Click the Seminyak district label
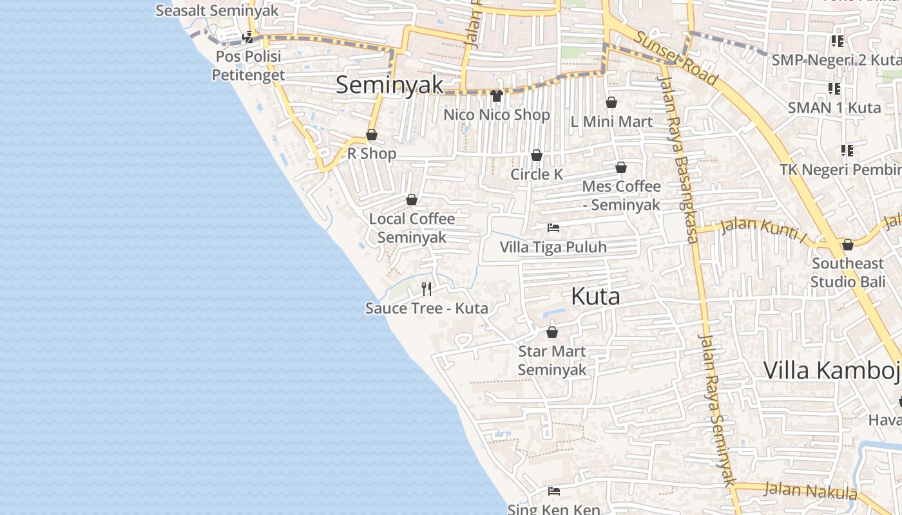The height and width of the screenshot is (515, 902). (390, 85)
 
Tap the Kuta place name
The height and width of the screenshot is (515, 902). (595, 296)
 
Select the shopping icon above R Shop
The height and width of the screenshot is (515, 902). (372, 135)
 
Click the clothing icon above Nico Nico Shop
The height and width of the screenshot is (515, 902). (496, 96)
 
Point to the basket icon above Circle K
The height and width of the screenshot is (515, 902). (536, 156)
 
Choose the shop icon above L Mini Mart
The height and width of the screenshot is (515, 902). (611, 102)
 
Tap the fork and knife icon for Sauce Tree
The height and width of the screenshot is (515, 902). (426, 288)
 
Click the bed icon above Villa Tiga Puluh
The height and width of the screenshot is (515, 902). (553, 228)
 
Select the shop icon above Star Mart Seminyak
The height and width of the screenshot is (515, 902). (552, 332)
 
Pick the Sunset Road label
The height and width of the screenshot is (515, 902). (675, 57)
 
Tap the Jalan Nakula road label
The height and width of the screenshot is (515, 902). (809, 491)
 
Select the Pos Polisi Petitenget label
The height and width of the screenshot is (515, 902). (249, 66)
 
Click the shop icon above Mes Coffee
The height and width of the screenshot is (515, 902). (621, 168)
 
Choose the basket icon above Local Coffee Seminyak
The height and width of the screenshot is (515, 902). (411, 200)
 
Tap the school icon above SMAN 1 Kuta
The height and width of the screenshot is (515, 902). (834, 88)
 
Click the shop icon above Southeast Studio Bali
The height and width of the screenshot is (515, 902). (847, 245)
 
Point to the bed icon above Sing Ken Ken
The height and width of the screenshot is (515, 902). (553, 491)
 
